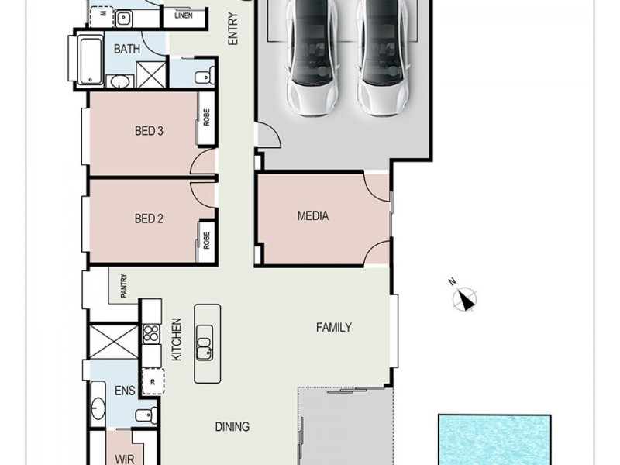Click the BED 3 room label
pyautogui.click(x=149, y=131)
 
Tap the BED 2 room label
pyautogui.click(x=149, y=219)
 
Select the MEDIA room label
pyautogui.click(x=313, y=216)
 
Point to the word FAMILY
pyautogui.click(x=334, y=327)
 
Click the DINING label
pyautogui.click(x=232, y=427)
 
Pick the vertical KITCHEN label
pyautogui.click(x=177, y=339)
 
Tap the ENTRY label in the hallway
pyautogui.click(x=233, y=29)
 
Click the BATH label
pyautogui.click(x=127, y=49)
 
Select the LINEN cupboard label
pyautogui.click(x=184, y=15)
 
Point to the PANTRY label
pyautogui.click(x=124, y=286)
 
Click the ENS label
pyautogui.click(x=125, y=391)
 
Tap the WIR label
pyautogui.click(x=125, y=460)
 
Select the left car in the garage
pyautogui.click(x=312, y=57)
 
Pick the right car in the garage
pyautogui.click(x=383, y=57)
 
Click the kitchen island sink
pyautogui.click(x=205, y=343)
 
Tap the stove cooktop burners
pyautogui.click(x=151, y=333)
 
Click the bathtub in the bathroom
pyautogui.click(x=91, y=60)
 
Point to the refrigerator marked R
pyautogui.click(x=153, y=381)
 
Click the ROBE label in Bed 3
pyautogui.click(x=206, y=118)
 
